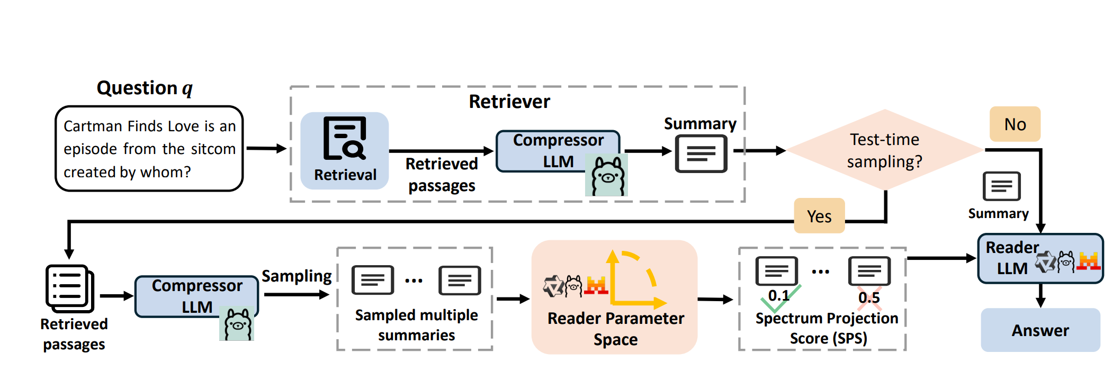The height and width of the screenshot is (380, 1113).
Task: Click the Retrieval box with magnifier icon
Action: click(345, 150)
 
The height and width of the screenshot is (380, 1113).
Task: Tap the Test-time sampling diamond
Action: click(884, 150)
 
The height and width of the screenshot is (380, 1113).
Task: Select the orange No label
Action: click(1015, 124)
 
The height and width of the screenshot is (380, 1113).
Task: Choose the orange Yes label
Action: click(819, 216)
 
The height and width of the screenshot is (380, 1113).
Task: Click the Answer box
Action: click(1040, 330)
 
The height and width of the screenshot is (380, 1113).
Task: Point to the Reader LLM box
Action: click(1040, 258)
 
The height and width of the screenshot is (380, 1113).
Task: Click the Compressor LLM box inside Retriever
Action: click(558, 151)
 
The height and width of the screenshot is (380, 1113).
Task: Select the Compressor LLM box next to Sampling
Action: click(196, 296)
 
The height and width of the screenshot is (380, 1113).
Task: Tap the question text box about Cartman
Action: click(149, 149)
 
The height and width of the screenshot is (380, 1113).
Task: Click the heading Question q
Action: click(145, 88)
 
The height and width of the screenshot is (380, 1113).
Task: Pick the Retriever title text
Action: click(509, 102)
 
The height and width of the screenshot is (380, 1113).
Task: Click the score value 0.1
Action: click(778, 295)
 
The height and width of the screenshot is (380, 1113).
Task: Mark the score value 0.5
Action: click(869, 297)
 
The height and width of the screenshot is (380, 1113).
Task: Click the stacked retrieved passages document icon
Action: click(69, 288)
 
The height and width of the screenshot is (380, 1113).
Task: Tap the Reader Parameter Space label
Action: click(615, 329)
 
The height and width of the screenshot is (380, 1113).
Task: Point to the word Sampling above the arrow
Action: click(297, 276)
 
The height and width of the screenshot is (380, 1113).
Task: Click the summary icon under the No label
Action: click(1001, 186)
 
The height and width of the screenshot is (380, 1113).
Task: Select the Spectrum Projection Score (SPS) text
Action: click(827, 328)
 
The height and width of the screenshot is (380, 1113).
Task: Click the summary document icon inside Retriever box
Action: click(701, 153)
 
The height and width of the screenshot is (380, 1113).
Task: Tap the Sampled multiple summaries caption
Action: click(416, 325)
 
